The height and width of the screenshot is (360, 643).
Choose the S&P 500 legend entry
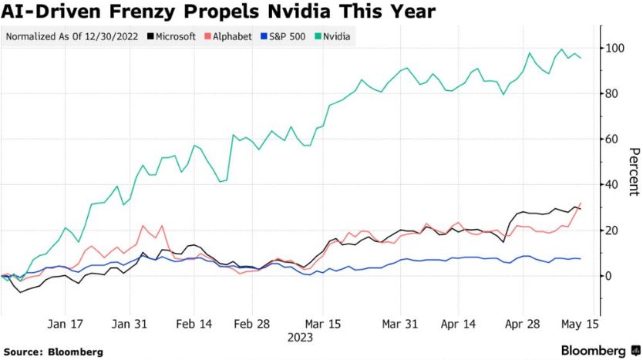(x=284, y=36)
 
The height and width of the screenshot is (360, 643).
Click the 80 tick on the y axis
(x=611, y=94)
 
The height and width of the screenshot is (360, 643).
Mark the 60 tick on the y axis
(x=611, y=140)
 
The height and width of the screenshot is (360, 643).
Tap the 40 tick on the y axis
(x=611, y=185)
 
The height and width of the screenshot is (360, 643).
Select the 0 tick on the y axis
(x=608, y=276)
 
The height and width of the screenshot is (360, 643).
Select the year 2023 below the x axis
(x=300, y=337)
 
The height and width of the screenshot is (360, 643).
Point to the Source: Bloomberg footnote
(x=52, y=352)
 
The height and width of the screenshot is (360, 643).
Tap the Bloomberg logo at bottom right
(x=593, y=351)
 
